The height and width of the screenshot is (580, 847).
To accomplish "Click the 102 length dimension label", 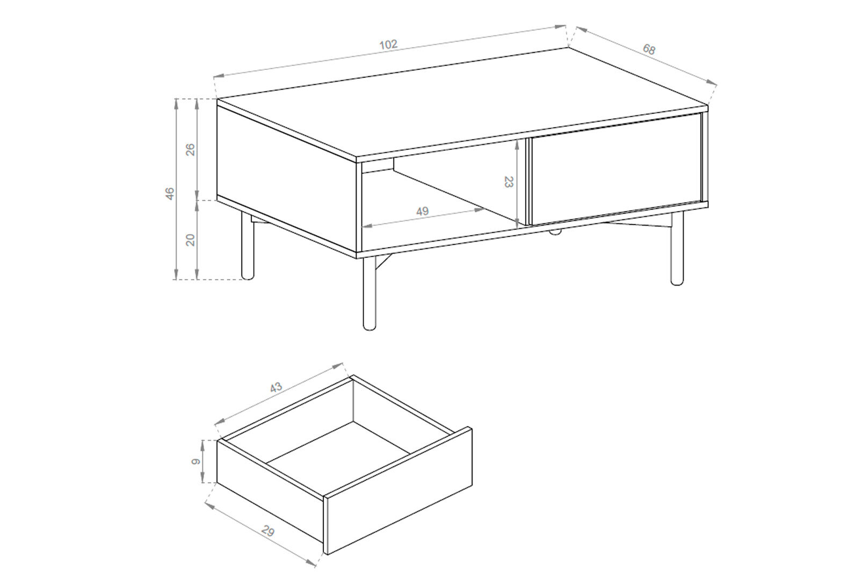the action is [x=388, y=45].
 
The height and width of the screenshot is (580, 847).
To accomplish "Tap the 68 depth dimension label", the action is [x=649, y=49].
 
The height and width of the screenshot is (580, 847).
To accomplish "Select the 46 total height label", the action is [x=170, y=193].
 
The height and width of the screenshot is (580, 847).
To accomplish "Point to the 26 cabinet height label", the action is [x=191, y=149].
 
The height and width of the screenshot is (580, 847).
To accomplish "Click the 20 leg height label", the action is [x=191, y=240].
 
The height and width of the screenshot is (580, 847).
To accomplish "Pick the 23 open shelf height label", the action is [x=509, y=182].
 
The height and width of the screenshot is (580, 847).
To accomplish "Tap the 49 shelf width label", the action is [x=422, y=211].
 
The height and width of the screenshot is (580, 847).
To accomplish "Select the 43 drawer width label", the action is [x=276, y=387].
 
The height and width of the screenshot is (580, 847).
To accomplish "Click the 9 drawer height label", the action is [x=196, y=462].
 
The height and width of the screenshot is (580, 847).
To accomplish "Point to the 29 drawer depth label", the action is [x=267, y=532].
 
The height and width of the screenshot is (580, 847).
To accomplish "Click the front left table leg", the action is [x=369, y=294].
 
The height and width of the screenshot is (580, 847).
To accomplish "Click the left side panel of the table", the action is [x=287, y=178].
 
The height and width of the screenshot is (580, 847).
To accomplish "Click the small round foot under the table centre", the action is [x=555, y=232].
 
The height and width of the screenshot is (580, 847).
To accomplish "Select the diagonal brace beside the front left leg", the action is [x=384, y=262].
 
